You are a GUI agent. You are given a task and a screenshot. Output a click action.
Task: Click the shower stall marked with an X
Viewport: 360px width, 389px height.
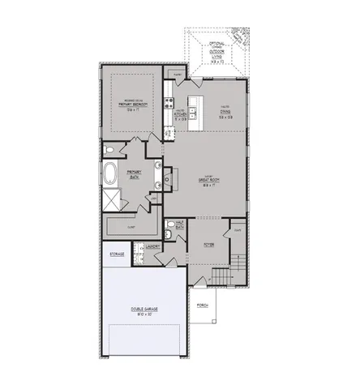coord(109,201)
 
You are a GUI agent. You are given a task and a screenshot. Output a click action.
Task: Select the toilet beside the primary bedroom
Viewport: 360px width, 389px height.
coord(109,152)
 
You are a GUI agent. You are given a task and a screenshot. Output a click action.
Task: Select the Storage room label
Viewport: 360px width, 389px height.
coord(117,254)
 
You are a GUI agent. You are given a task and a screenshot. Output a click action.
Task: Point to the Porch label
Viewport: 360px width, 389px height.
coord(202,305)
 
